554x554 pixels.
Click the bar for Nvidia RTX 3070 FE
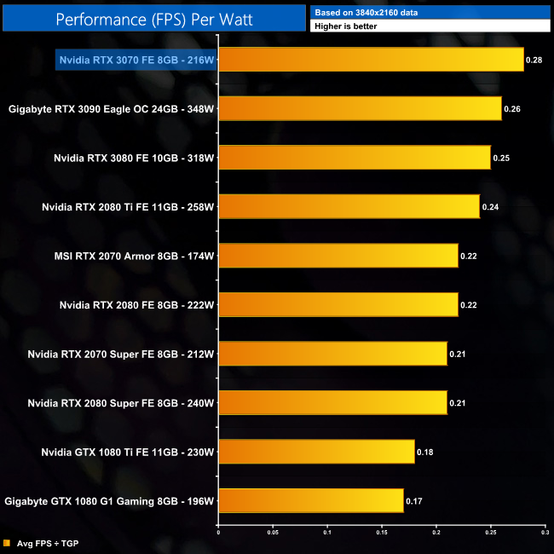click(x=371, y=60)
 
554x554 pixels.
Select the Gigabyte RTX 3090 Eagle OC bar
click(x=360, y=108)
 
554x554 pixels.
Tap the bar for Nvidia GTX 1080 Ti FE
click(x=316, y=452)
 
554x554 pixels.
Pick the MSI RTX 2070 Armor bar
click(x=338, y=256)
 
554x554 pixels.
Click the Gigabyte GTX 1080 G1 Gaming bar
click(x=311, y=500)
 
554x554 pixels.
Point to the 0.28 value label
click(x=534, y=61)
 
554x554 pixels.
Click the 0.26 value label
click(x=511, y=109)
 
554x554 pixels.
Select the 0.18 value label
click(x=424, y=452)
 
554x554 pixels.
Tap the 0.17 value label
click(x=413, y=501)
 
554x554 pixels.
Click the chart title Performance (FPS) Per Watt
click(x=154, y=18)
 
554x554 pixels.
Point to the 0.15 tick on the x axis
click(x=382, y=534)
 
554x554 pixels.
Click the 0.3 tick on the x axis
click(x=543, y=534)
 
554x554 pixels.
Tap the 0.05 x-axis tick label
click(x=273, y=534)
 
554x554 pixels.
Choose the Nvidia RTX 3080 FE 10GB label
click(x=132, y=158)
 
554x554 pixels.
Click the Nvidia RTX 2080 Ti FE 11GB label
click(x=127, y=207)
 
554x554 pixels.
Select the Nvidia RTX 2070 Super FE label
click(x=119, y=354)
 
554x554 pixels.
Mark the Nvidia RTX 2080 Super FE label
click(x=119, y=403)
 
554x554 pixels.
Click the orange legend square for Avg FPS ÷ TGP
click(x=7, y=543)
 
